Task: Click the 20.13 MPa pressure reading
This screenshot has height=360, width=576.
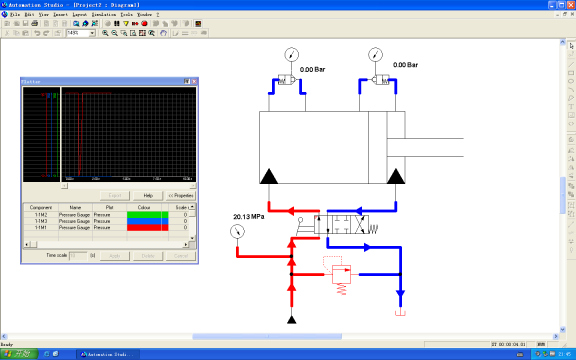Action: [x=249, y=216]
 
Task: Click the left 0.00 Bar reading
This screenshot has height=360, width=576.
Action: [x=313, y=69]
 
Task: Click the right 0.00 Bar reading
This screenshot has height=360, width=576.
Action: [x=405, y=64]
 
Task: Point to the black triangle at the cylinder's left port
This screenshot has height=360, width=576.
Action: [x=269, y=177]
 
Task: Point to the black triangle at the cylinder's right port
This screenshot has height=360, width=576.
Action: [x=397, y=177]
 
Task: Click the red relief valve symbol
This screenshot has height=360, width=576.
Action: [x=341, y=273]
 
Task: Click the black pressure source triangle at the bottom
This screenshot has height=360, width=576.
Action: [x=291, y=319]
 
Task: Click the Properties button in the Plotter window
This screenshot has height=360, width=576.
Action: [x=181, y=195]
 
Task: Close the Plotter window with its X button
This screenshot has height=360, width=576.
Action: [x=195, y=81]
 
